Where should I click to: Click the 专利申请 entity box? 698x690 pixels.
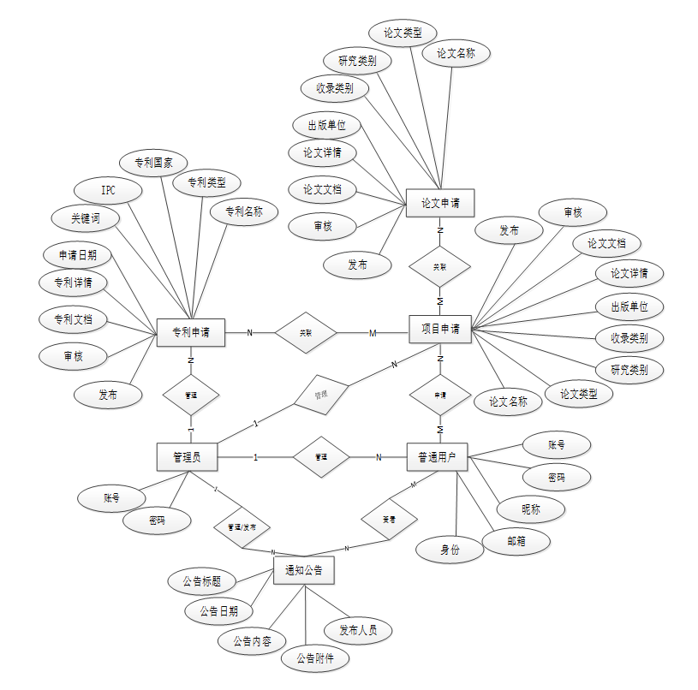click(x=191, y=333)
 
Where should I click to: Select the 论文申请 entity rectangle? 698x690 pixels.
click(x=440, y=204)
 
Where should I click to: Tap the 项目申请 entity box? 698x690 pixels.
click(x=440, y=329)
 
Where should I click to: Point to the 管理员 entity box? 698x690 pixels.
click(x=187, y=457)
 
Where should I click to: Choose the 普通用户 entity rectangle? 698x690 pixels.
click(x=437, y=457)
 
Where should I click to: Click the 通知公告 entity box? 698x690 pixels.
click(x=304, y=570)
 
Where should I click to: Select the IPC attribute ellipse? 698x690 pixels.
click(x=108, y=190)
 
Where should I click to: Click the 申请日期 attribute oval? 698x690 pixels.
click(x=77, y=254)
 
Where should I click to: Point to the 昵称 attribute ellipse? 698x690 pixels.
click(x=531, y=509)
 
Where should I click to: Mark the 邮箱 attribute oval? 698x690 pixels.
click(x=516, y=541)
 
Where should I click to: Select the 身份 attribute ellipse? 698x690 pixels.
click(x=450, y=550)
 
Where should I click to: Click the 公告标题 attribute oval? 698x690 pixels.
click(x=202, y=581)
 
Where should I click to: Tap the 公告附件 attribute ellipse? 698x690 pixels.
click(x=315, y=658)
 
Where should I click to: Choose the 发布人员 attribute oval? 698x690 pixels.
click(x=358, y=631)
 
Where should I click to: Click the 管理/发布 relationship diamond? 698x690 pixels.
click(x=242, y=526)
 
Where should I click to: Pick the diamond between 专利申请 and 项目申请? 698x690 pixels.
click(x=306, y=332)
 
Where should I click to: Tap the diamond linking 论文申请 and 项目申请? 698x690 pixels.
click(x=440, y=267)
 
